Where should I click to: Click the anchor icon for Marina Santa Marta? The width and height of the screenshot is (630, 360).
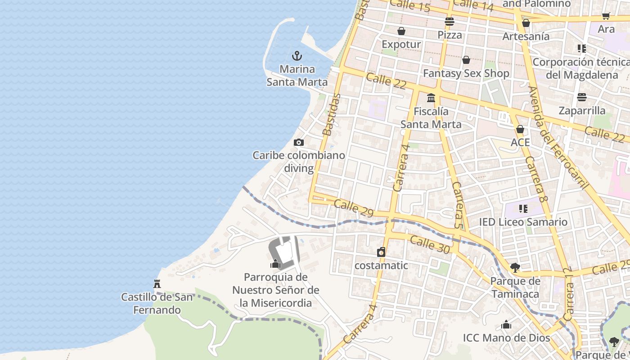point(297,56)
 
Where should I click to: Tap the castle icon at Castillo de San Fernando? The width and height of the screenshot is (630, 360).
point(157,284)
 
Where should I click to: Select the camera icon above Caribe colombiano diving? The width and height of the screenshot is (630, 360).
point(298,143)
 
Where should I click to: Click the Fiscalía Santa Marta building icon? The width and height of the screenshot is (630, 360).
point(431,98)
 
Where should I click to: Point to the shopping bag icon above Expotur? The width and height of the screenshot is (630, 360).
point(401,31)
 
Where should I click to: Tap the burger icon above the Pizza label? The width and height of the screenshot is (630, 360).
point(449,21)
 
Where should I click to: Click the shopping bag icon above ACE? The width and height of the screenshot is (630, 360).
point(520,130)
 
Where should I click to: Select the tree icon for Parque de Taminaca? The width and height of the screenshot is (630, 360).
point(515,268)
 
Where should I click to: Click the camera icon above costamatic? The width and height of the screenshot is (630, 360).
point(381,252)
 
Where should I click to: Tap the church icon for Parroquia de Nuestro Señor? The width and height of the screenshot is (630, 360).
point(275,264)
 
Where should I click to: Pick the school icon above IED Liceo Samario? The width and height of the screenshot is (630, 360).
point(523,209)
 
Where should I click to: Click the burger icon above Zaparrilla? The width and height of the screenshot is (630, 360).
point(582,97)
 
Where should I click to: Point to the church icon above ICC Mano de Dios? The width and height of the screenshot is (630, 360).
point(506,324)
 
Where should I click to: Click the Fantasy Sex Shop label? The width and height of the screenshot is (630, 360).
point(466,73)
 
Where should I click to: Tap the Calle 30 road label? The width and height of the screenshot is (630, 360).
point(430,245)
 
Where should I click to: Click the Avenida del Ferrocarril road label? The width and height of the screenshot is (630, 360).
point(558,137)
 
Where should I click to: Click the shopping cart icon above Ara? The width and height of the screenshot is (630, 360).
point(606,16)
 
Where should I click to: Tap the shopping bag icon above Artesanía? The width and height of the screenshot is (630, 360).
point(526,23)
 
